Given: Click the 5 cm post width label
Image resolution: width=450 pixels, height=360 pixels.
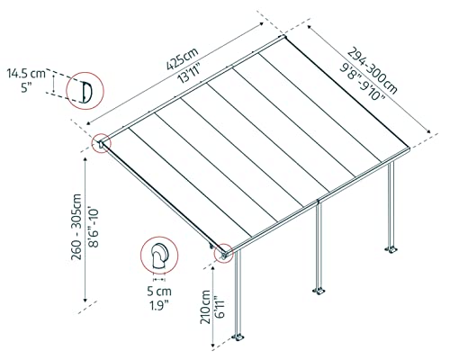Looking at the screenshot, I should pos(160,292).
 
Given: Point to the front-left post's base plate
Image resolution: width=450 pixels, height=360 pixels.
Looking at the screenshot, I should pos(239,338).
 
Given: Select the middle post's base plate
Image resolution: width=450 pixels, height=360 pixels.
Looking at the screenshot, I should pos(318,291).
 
